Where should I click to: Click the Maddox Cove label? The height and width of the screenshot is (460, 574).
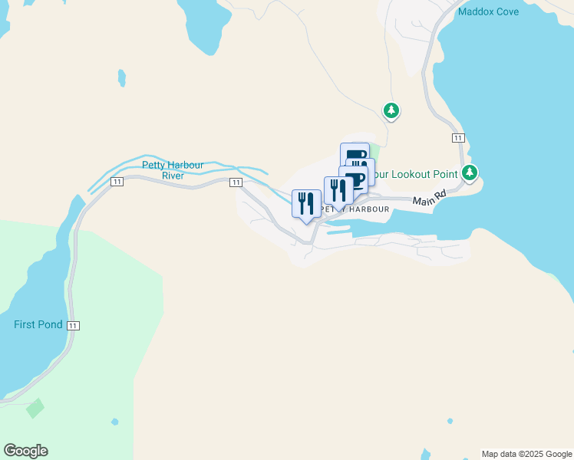488,11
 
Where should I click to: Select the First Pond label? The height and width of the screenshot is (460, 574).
38,324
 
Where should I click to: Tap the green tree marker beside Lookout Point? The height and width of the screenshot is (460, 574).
470,172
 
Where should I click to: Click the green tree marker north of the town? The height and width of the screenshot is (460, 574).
391,111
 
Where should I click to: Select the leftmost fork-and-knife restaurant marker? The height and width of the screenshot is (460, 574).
306,203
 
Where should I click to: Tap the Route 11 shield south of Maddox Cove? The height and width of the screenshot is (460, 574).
458,137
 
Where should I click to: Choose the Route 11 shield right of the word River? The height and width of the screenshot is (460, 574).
236,182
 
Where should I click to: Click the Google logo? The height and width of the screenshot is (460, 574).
25,451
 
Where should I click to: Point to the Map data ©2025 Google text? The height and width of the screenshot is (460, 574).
526,454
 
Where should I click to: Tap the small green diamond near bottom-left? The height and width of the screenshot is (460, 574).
35,408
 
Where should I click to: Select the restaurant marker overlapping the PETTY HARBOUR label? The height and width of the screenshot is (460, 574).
338,191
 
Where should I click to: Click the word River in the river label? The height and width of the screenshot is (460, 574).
173,176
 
